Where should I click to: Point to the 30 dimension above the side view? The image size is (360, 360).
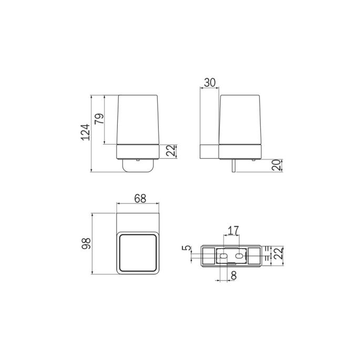pyautogui.click(x=210, y=83)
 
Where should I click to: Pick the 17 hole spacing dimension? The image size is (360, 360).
pyautogui.click(x=232, y=230)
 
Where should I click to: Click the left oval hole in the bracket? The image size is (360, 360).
pyautogui.click(x=223, y=256)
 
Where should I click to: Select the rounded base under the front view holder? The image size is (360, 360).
pyautogui.click(x=138, y=166)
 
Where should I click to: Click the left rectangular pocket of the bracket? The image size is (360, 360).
pyautogui.click(x=209, y=255)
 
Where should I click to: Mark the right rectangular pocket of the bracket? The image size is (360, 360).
pyautogui.click(x=255, y=255)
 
